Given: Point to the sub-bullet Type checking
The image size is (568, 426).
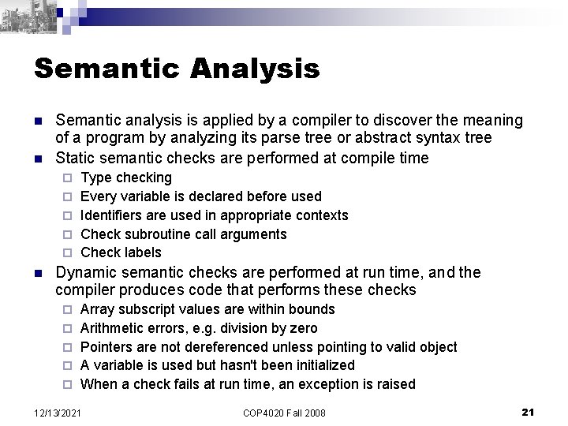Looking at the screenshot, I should tap(126, 177).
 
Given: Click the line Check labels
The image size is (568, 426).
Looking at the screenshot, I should tap(121, 252).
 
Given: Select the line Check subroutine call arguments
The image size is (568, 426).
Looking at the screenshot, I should tap(184, 234).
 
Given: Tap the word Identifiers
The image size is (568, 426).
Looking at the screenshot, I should tap(110, 215).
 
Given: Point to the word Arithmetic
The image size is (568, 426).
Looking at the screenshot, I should tap(112, 328).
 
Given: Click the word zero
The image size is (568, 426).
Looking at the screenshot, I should tap(302, 328).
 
